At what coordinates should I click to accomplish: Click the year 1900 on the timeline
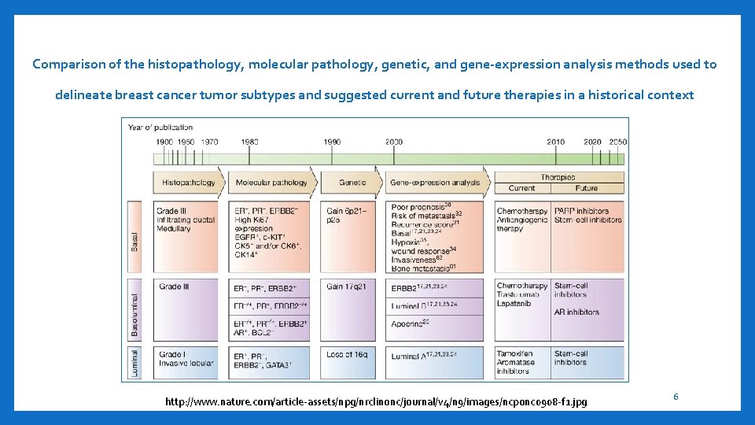pyautogui.click(x=164, y=142)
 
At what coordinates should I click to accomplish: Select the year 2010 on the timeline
pyautogui.click(x=556, y=142)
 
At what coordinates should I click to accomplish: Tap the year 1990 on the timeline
pyautogui.click(x=332, y=142)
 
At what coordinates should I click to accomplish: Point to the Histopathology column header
pyautogui.click(x=188, y=183)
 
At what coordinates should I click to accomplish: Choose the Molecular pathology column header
pyautogui.click(x=271, y=183)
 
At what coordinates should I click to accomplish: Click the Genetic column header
pyautogui.click(x=352, y=183)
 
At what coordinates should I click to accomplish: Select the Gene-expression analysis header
pyautogui.click(x=435, y=183)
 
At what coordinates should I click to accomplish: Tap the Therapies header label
pyautogui.click(x=558, y=177)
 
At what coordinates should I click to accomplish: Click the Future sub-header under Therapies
pyautogui.click(x=586, y=188)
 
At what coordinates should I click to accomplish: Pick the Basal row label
pyautogui.click(x=134, y=242)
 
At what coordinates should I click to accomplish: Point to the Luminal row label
pyautogui.click(x=134, y=364)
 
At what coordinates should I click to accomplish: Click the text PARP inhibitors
pyautogui.click(x=581, y=211)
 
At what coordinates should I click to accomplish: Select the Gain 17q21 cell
pyautogui.click(x=346, y=286)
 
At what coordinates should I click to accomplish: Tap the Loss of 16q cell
pyautogui.click(x=347, y=355)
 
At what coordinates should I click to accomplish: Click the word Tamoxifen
pyautogui.click(x=515, y=354)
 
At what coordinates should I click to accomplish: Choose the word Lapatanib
pyautogui.click(x=514, y=304)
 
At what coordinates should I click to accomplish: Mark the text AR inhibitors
pyautogui.click(x=576, y=312)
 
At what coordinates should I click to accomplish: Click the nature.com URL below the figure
pyautogui.click(x=375, y=402)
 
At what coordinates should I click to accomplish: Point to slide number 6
pyautogui.click(x=675, y=397)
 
